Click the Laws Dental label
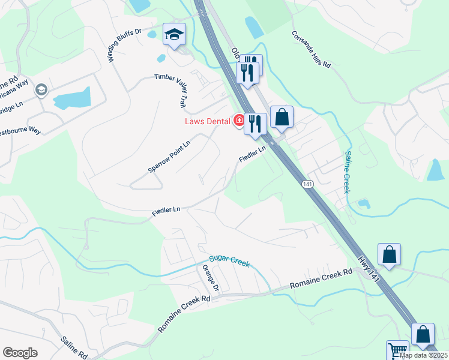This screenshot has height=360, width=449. pos(207,121)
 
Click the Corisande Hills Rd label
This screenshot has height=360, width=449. pos(312,49)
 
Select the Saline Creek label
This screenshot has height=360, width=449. pos(348,172)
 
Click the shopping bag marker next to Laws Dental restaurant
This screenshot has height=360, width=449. pos(282,118)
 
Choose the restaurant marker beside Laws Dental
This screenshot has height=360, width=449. pos(255,124)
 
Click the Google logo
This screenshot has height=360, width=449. pos(20,353)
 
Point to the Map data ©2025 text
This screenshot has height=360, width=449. pos(423,355)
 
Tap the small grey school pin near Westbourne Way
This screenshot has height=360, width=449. pos(41,90)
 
